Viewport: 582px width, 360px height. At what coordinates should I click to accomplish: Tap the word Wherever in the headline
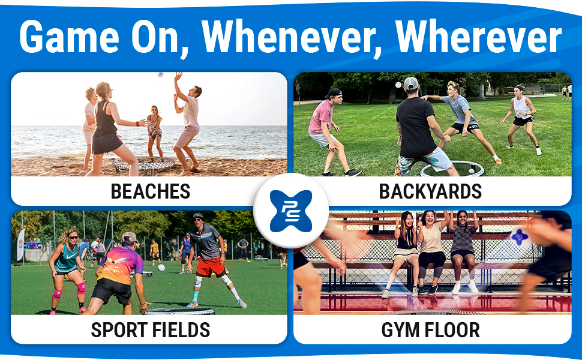coord(478,37)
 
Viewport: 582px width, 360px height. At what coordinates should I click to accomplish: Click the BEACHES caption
coord(151,191)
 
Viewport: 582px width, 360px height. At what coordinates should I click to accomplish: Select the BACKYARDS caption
coord(430,191)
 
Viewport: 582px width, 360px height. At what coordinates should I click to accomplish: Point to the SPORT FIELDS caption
coord(151,329)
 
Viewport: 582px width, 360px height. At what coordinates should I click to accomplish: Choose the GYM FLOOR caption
coord(430,329)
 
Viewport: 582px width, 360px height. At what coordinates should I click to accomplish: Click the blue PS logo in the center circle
coord(291,211)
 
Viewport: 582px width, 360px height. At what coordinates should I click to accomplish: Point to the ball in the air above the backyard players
coord(398,85)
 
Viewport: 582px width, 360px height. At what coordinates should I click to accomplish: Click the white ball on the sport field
coord(161,267)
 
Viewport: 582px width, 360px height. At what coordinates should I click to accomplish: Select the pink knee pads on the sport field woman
coord(69,291)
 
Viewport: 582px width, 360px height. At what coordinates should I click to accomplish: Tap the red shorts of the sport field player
coord(211,266)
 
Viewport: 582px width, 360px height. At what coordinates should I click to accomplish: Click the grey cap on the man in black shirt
coord(411,83)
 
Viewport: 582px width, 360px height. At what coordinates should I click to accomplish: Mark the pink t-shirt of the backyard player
coord(321,117)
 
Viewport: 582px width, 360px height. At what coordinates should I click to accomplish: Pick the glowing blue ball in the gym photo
coord(520,237)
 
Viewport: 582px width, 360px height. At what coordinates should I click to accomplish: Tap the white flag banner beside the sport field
coord(20,245)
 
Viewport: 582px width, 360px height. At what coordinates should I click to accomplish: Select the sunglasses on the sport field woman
coord(73,238)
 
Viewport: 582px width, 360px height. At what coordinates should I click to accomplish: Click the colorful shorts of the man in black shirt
coord(422,160)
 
